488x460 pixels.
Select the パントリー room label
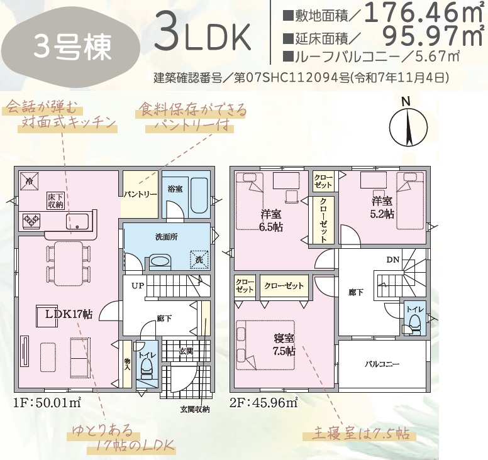tap(140, 194)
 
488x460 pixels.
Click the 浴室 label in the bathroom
tap(175, 189)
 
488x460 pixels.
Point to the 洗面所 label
tap(167, 237)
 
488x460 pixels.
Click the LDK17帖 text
tap(69, 314)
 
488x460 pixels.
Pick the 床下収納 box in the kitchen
tap(56, 200)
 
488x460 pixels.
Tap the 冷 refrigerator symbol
tap(30, 182)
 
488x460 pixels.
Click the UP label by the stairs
tap(137, 285)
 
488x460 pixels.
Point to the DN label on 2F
tap(393, 260)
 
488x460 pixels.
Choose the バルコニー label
tap(382, 364)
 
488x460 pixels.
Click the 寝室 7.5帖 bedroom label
tap(284, 344)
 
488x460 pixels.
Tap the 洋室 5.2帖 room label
tap(382, 207)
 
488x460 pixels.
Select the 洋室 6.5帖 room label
tap(271, 221)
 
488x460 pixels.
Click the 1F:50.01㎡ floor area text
tap(47, 403)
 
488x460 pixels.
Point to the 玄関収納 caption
tap(195, 409)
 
